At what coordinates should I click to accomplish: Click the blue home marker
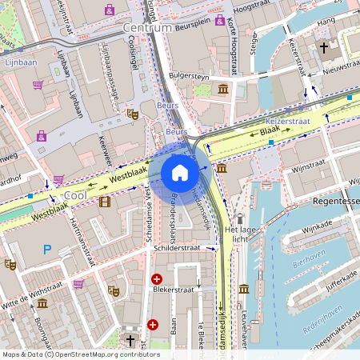click(x=180, y=173)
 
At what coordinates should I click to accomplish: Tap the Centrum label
click(x=147, y=27)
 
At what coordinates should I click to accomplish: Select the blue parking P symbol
click(x=47, y=250)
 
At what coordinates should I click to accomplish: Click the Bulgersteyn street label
click(x=189, y=76)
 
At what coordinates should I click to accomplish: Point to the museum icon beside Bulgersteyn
click(x=222, y=87)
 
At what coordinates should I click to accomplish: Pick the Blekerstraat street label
click(x=175, y=290)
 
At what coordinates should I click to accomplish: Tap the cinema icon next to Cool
click(x=105, y=201)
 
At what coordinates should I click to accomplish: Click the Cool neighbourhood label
click(x=74, y=195)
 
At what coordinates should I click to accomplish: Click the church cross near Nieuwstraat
click(x=324, y=47)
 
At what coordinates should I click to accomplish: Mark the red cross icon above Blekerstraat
click(x=157, y=278)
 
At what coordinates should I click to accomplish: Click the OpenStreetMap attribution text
click(x=80, y=354)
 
